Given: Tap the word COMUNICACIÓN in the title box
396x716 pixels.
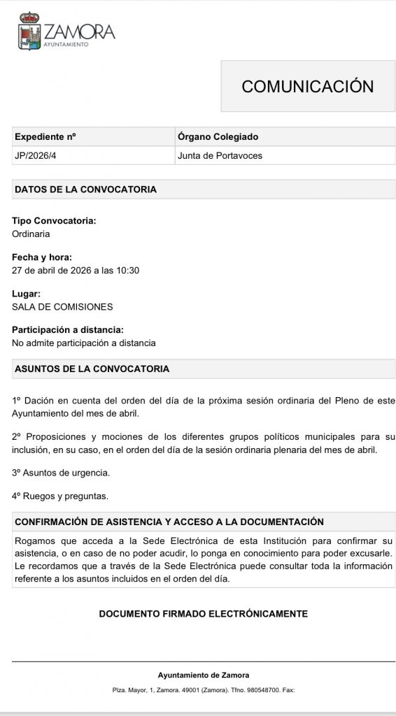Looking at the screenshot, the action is (308, 86).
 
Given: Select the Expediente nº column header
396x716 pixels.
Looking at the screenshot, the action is (45, 137).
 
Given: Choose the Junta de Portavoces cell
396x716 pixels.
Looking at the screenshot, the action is (220, 155).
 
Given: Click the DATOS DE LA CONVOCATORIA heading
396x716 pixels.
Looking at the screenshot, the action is (85, 189).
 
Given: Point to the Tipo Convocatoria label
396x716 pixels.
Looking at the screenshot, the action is (54, 221).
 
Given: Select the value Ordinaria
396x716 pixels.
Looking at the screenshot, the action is (31, 234).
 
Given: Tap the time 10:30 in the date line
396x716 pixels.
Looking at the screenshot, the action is (129, 271).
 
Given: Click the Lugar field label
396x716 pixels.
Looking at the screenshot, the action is (27, 294).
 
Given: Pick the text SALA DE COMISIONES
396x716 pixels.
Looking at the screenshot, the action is (62, 307).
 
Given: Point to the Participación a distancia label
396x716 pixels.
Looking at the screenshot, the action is (68, 330).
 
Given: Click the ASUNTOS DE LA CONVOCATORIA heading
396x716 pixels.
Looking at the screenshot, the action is (92, 368).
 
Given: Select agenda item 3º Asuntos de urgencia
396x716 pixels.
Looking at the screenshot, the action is (61, 473).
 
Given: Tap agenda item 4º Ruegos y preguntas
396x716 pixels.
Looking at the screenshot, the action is (60, 496).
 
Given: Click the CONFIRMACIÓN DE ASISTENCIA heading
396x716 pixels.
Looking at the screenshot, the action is (169, 522).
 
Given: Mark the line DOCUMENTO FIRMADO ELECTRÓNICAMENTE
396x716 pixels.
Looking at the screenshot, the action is (204, 614).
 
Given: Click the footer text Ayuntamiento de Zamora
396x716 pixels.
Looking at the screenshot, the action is (204, 675).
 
